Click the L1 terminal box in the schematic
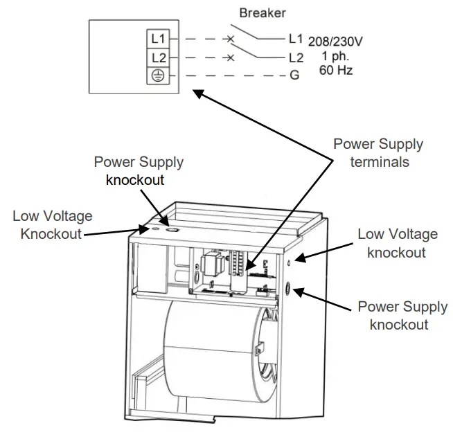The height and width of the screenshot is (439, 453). pos(157,40)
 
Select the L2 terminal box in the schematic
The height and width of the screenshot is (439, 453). pos(157,58)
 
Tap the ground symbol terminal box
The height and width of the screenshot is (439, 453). pos(157,76)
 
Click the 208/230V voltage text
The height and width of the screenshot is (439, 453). pos(336,42)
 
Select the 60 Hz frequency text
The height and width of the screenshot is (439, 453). pos(335,70)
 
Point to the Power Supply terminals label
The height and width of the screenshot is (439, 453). pos(377,152)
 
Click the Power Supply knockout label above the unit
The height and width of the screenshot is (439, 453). pos(139,170)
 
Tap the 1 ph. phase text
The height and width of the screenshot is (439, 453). pos(335,56)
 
